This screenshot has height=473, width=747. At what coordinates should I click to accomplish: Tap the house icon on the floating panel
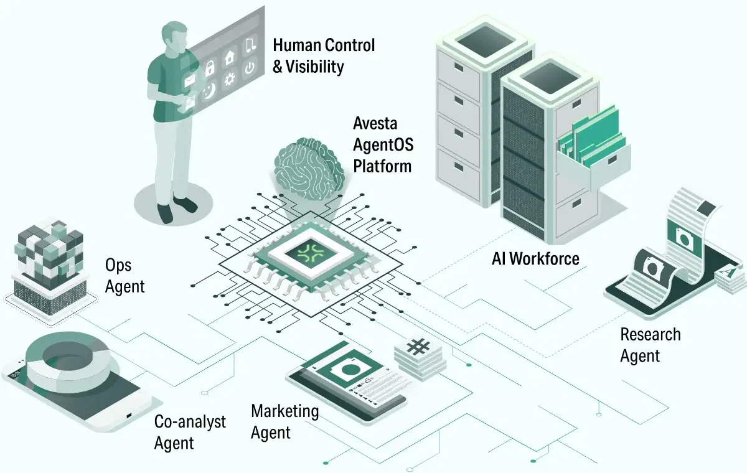coord(230,57)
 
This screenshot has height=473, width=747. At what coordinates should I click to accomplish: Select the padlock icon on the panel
coord(210,68)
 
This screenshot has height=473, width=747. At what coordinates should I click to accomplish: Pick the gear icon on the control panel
coord(230,78)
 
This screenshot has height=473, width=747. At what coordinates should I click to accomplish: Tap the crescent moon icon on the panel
coord(209,90)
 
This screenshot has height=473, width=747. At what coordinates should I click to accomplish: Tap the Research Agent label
coord(649,345)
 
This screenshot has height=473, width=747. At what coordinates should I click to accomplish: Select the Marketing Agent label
coord(284,421)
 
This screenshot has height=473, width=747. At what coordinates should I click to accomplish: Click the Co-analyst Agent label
coord(189,432)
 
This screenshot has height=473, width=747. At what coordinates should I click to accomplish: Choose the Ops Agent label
coord(125,275)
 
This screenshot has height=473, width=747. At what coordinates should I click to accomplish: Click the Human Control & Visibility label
coord(324,55)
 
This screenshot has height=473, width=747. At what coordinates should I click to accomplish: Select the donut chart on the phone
coord(68,357)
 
